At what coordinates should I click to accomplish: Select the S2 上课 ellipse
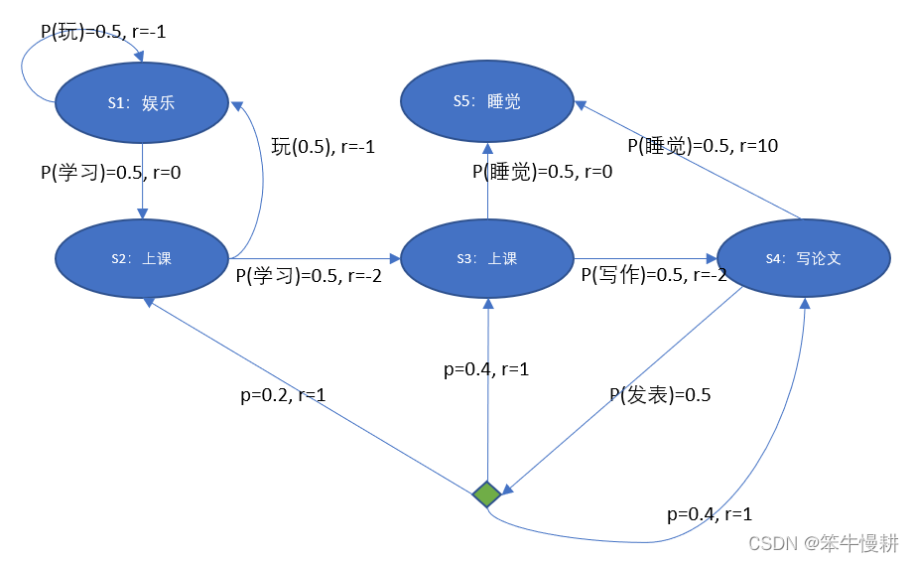(142, 258)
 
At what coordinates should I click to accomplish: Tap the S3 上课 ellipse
(487, 258)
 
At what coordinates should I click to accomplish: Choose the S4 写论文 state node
(803, 258)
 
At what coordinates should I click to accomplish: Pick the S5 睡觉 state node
(487, 101)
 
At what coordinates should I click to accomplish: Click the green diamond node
(486, 493)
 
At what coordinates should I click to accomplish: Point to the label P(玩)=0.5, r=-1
(103, 32)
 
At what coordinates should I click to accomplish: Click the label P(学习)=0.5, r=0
(110, 172)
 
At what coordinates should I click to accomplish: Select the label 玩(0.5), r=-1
(323, 146)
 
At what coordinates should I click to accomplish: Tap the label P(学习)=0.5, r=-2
(309, 276)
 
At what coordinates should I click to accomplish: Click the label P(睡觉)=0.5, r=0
(543, 172)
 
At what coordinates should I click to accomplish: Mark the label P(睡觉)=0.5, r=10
(703, 146)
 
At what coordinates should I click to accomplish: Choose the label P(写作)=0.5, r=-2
(654, 275)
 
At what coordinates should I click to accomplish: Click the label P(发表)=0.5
(660, 394)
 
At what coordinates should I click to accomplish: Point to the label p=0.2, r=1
(284, 394)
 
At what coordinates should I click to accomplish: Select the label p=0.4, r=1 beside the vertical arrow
(486, 369)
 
